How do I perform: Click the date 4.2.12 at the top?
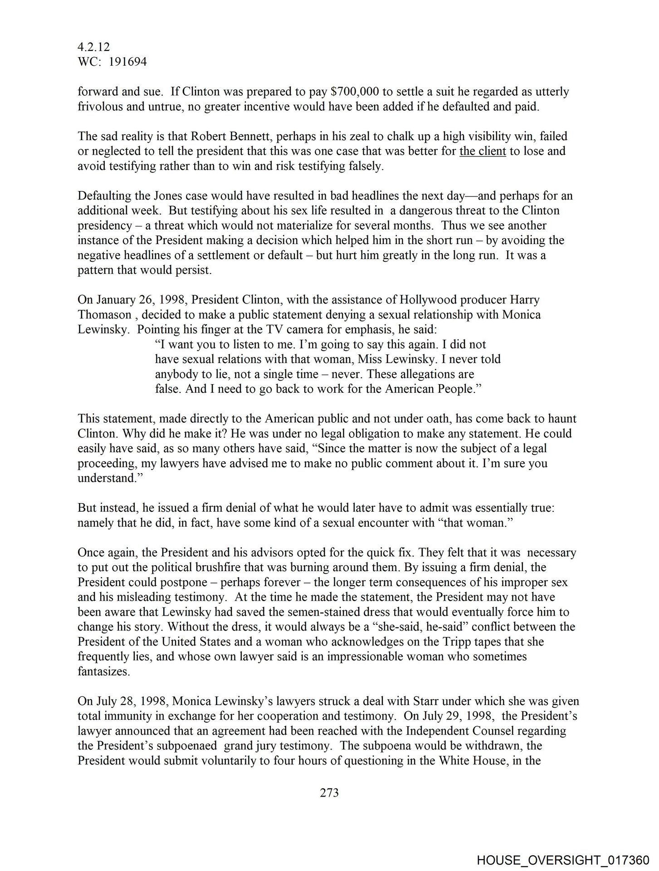click(93, 47)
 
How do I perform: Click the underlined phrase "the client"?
click(483, 151)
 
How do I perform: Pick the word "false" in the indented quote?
click(167, 389)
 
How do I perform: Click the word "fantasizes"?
click(104, 671)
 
